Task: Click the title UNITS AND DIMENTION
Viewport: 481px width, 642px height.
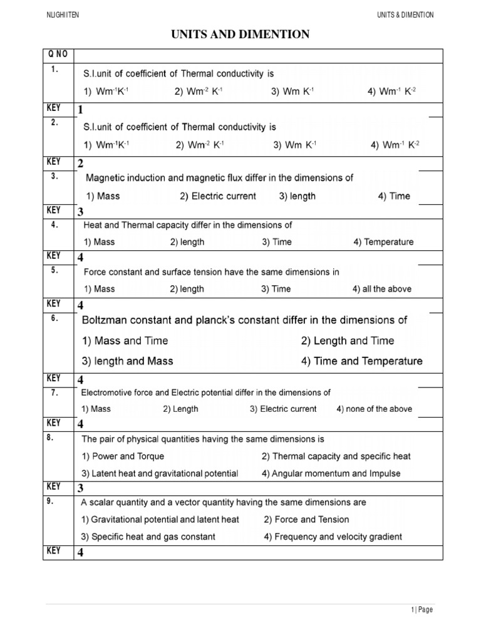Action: [240, 34]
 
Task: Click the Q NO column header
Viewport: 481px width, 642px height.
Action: [57, 55]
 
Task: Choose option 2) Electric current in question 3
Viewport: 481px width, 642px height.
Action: [217, 196]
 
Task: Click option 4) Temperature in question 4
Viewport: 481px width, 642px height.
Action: [383, 242]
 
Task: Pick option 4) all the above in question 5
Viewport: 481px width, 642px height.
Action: [381, 289]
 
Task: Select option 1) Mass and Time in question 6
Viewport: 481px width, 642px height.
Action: [125, 341]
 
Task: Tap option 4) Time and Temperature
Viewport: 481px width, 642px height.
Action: [361, 361]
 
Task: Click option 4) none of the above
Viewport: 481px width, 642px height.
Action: [374, 409]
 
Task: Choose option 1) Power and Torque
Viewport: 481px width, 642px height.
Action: [123, 456]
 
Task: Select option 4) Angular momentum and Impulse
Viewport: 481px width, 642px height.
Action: [331, 473]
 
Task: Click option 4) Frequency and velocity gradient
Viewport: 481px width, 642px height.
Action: [333, 537]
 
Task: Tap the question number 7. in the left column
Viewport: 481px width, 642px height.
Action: [54, 392]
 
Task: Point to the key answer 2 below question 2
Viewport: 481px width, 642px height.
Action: [80, 164]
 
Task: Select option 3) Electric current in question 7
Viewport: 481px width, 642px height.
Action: [283, 409]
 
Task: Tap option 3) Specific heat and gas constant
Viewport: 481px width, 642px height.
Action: [148, 537]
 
